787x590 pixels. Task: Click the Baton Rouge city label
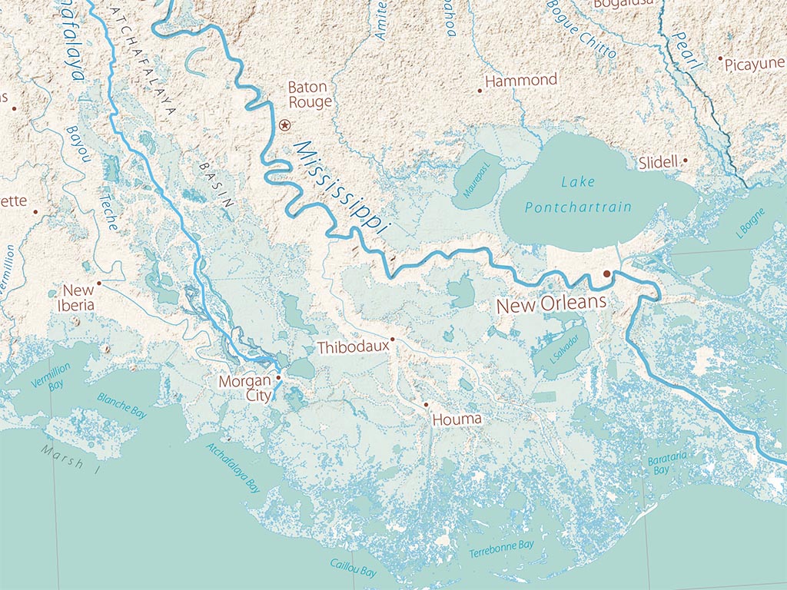(309, 94)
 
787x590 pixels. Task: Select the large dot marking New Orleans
(606, 273)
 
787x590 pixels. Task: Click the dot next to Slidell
(685, 161)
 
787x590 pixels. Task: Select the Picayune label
(754, 64)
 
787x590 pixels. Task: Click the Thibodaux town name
(353, 347)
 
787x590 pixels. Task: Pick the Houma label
(457, 419)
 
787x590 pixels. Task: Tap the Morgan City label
(245, 388)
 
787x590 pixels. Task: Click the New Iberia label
(78, 297)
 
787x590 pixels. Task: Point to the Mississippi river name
(341, 187)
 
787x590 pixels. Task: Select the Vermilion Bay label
(51, 375)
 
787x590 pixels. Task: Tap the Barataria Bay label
(662, 464)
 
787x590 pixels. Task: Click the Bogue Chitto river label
(581, 29)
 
